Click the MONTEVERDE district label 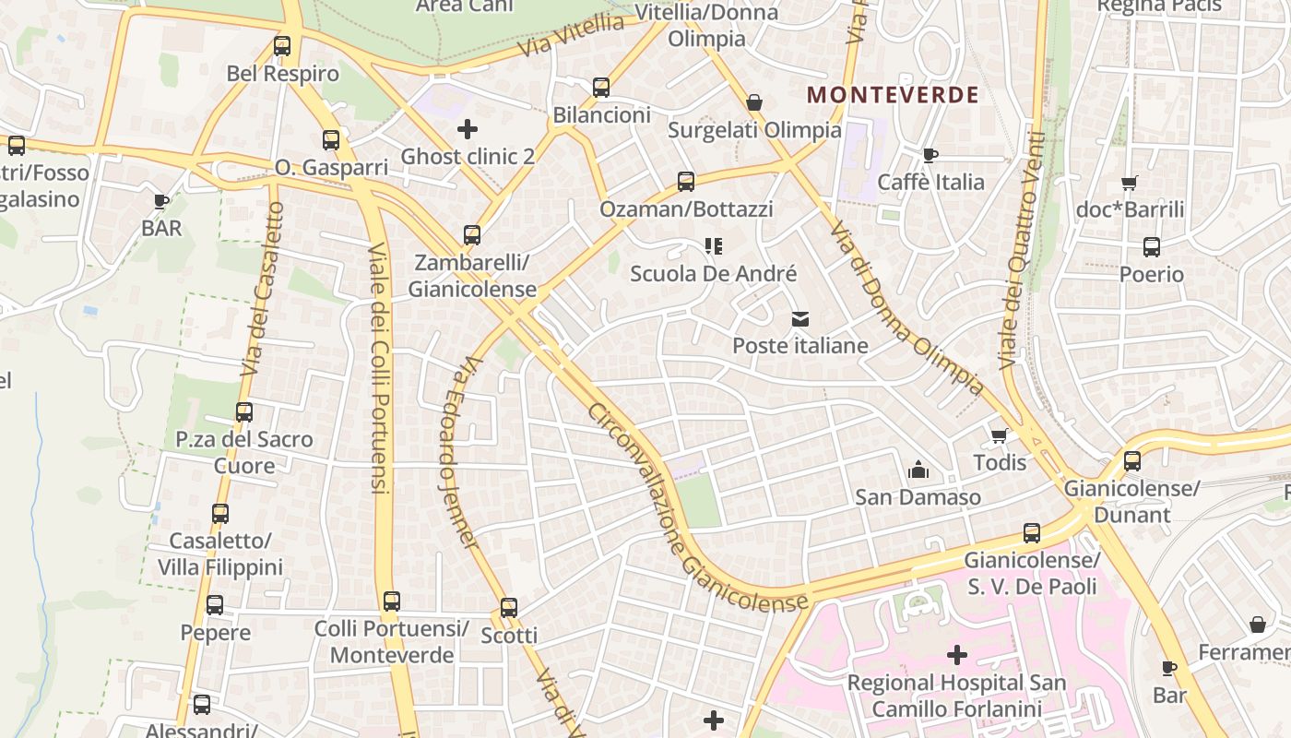(893, 94)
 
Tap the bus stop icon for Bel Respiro (282, 46)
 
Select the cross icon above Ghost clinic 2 (468, 129)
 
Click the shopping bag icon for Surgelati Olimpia (754, 102)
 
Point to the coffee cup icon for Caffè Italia (930, 155)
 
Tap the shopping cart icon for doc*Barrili (1130, 183)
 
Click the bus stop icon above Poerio (1152, 247)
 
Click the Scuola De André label (713, 274)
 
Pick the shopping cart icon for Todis (1000, 435)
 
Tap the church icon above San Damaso (918, 470)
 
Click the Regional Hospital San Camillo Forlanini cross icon (957, 655)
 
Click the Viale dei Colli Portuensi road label (379, 369)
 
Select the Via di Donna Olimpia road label (906, 307)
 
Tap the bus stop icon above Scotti (509, 608)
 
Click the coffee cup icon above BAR (161, 201)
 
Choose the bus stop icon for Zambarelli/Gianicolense (472, 235)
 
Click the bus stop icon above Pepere (215, 606)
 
